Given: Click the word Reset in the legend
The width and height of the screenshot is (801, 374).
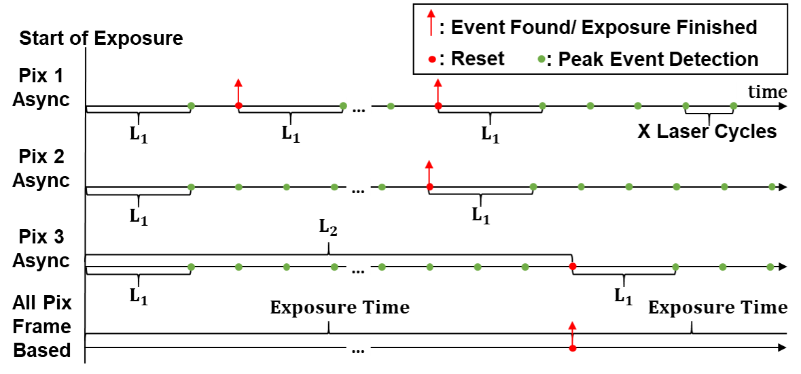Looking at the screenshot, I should pos(478,58).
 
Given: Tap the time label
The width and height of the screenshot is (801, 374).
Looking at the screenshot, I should pos(767,92).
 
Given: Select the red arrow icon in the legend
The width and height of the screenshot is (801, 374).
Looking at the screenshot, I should pos(431,22).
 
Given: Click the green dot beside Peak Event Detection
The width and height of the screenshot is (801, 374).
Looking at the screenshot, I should pos(541,59).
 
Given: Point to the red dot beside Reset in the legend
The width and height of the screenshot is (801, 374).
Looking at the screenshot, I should pos(431,60).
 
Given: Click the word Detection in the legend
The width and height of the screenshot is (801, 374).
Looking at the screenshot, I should pos(713,59).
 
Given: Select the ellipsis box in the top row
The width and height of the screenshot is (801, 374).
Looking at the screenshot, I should pos(359,106).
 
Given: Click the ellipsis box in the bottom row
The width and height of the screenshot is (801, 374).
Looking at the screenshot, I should pos(359,347).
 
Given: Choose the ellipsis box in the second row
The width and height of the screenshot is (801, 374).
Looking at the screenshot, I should pos(359,187).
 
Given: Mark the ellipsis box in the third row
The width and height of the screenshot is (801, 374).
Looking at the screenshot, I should pos(359,267).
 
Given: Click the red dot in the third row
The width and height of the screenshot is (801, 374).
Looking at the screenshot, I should pos(573,267).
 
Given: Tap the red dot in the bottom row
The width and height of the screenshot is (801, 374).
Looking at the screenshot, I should pos(573,348).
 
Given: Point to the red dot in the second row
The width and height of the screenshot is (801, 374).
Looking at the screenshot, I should pos(429,186).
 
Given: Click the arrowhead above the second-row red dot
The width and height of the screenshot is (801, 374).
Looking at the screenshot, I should pos(429,164).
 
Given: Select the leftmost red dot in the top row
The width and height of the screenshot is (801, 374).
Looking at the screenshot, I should pos(238,105).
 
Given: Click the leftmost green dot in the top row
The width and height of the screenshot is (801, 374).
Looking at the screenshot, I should pos(191,105).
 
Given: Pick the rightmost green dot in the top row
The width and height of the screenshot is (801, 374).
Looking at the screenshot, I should pos(734,105).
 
